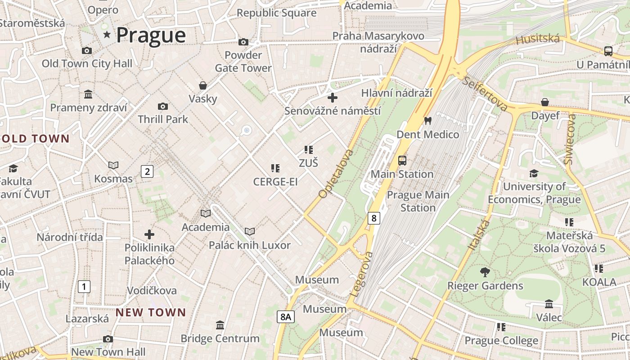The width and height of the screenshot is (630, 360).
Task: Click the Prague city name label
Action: click(151, 35)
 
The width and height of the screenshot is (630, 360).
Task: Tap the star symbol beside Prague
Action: click(107, 35)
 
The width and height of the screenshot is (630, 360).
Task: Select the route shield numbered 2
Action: click(147, 171)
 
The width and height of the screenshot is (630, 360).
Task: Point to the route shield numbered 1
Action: click(84, 286)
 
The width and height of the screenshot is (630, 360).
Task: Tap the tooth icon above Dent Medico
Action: click(427, 121)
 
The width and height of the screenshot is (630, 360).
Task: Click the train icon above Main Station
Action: click(402, 161)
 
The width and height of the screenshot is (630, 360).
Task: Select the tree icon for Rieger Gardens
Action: click(485, 272)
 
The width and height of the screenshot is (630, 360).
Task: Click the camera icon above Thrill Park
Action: click(163, 106)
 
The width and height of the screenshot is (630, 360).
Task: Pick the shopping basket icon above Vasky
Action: click(203, 85)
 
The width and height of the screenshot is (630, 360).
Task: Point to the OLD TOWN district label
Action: click(35, 139)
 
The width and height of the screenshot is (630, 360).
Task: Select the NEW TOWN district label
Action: click(151, 312)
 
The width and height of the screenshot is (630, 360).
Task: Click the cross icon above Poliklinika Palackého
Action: click(149, 234)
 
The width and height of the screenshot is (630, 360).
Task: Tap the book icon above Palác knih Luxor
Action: click(250, 231)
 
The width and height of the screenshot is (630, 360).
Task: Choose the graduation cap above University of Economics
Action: click(534, 173)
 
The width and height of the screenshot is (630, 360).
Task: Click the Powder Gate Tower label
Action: click(243, 62)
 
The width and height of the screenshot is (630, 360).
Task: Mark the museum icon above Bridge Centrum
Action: click(220, 325)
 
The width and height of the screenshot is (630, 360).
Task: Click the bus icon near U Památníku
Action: click(608, 51)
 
